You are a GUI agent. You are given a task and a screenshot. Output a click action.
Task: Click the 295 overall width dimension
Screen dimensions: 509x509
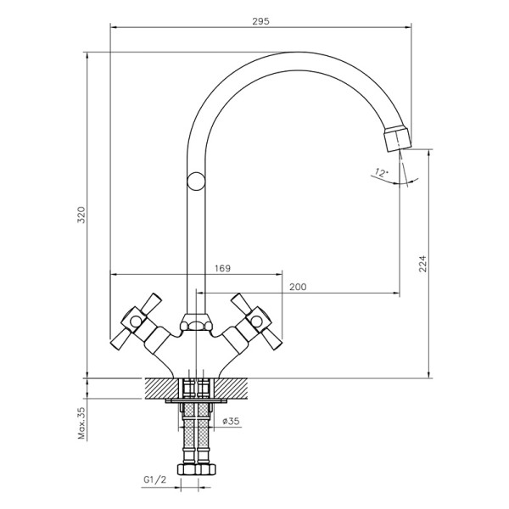coord(260,21)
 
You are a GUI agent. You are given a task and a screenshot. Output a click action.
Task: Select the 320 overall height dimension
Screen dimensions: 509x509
coord(81,215)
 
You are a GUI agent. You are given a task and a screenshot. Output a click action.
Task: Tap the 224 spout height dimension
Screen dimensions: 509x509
coord(422,264)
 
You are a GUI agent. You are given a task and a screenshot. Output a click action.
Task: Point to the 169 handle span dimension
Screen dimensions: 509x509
coord(222,268)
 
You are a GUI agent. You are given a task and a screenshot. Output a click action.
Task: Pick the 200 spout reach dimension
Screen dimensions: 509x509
coord(298,287)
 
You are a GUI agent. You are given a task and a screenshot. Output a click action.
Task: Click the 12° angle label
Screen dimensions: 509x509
coord(381,172)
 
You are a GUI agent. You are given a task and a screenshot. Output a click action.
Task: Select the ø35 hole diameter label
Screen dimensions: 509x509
coord(231,421)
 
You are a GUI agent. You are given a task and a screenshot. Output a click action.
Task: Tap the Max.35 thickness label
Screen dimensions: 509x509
coord(81,423)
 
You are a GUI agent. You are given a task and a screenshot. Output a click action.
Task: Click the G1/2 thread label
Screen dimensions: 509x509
coord(155,480)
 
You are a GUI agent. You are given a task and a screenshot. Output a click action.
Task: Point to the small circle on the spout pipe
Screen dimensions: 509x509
coord(196,182)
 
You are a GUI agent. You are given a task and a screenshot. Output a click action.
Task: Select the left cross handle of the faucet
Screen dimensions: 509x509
coord(137,322)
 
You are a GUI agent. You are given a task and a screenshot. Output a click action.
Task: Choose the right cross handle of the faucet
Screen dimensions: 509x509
coord(256,322)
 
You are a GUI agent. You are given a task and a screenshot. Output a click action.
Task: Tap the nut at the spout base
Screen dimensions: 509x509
coord(196,322)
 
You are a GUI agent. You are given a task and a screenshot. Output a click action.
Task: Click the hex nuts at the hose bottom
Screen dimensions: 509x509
coord(197,469)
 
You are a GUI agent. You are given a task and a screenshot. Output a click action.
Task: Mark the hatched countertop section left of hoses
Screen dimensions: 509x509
coord(161,388)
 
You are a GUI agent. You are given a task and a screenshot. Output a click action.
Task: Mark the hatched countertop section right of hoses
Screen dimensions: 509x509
coord(231,388)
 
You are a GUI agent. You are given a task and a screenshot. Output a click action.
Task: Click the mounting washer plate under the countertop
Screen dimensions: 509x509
coord(196,401)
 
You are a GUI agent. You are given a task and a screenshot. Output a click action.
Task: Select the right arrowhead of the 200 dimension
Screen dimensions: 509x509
coord(397,294)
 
